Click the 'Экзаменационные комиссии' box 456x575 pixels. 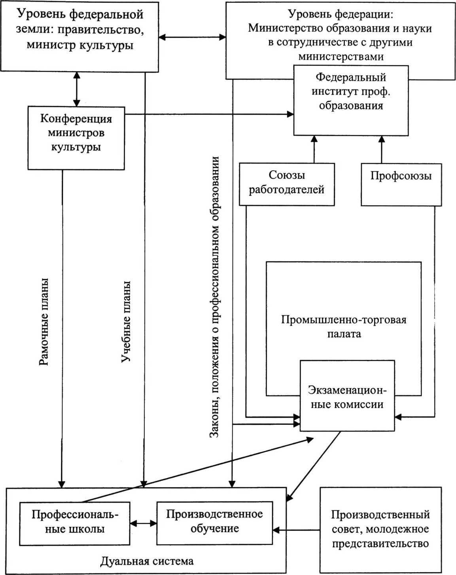click(347, 397)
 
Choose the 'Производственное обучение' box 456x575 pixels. click(214, 522)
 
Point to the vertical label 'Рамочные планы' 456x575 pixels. click(44, 322)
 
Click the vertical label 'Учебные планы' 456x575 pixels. click(125, 322)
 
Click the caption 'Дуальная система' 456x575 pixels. click(147, 561)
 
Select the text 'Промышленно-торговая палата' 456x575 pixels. click(344, 327)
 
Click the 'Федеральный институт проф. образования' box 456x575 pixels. click(351, 100)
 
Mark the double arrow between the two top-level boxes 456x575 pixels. click(192, 37)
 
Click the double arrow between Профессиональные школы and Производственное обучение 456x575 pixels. click(143, 523)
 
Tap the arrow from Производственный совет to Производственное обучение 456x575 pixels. click(296, 530)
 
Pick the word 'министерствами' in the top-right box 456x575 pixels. click(341, 57)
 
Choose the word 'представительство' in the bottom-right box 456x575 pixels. click(380, 544)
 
